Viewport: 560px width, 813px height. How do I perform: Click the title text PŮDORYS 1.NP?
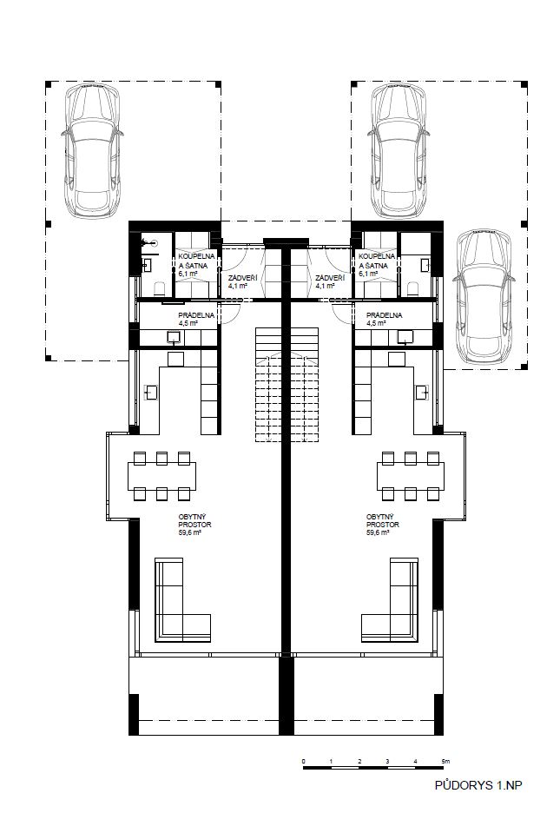click(478, 785)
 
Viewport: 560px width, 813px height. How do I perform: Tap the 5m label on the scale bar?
click(446, 761)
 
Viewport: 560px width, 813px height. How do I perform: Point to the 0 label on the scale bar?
click(304, 761)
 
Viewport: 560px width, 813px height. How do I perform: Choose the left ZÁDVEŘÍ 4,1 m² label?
click(242, 281)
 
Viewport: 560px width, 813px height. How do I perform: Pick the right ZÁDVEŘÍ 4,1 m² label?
click(330, 281)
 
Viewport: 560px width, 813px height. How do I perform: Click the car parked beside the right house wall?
click(484, 296)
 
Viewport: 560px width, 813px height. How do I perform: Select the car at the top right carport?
click(399, 150)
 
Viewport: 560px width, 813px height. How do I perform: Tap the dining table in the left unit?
click(162, 476)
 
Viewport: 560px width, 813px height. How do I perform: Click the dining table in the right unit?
click(411, 476)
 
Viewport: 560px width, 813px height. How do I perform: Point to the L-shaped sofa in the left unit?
click(182, 600)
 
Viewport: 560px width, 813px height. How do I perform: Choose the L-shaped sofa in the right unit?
click(390, 600)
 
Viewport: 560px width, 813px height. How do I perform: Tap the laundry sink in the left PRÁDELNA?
click(174, 338)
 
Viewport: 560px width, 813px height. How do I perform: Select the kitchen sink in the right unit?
click(423, 393)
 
